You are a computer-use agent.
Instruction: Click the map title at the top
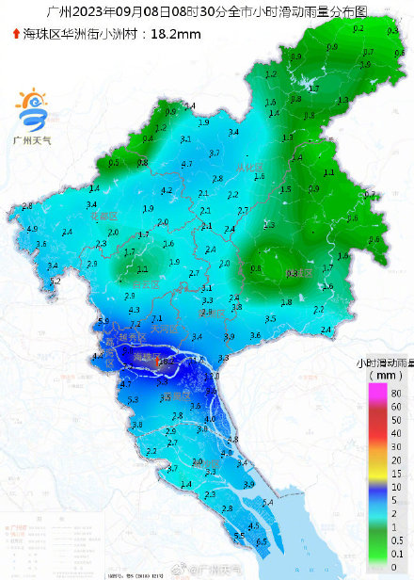207,12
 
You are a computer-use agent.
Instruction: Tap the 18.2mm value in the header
178,34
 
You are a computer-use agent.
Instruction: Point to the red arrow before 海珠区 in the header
15,34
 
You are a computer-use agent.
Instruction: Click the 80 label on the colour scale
395,393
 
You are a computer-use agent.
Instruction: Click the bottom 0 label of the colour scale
395,567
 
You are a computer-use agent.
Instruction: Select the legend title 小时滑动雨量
383,362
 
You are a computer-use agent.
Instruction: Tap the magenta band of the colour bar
374,393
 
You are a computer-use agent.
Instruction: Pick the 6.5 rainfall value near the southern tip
262,542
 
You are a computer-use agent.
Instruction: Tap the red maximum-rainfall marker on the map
160,361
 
